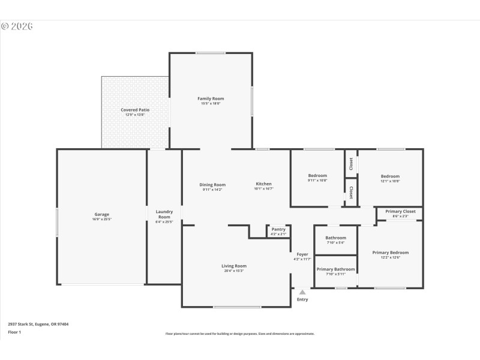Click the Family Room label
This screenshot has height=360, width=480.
point(211,98)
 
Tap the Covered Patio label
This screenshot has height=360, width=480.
point(135,110)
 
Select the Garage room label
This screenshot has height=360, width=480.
point(101,214)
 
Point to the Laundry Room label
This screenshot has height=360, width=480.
point(164,214)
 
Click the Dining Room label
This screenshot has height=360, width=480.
point(212,184)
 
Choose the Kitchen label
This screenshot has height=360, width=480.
point(264,184)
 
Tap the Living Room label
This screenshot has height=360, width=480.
point(234,266)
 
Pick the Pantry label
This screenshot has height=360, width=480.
point(278,229)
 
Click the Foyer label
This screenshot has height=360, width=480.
point(302,254)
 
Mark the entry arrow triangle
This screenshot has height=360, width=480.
point(302,292)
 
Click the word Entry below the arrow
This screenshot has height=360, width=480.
point(302,299)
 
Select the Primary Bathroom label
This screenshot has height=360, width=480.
point(335,269)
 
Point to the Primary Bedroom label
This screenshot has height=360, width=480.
point(390,253)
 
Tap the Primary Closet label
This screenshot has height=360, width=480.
point(400,211)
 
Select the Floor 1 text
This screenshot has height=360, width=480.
point(14,332)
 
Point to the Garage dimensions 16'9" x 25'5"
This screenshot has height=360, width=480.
point(101,219)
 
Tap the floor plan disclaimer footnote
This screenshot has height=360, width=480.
point(240,334)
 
